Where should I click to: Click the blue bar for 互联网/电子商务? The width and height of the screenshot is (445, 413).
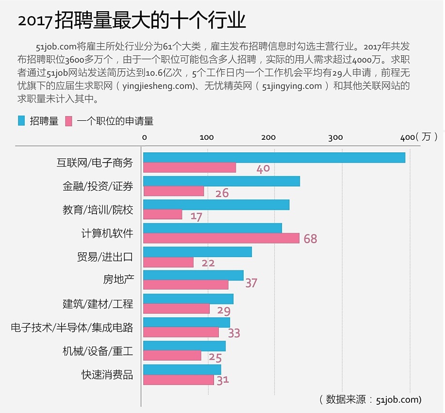point(274,158)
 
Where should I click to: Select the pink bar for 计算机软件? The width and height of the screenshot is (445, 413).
point(221,238)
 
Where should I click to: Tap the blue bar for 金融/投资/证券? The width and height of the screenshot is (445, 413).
point(222,182)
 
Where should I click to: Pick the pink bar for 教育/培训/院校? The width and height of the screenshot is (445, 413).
point(163,215)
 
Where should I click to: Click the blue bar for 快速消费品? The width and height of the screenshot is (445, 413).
point(182,370)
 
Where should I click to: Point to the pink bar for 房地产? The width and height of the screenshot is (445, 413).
point(186,285)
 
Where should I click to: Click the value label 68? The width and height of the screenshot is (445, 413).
point(310,239)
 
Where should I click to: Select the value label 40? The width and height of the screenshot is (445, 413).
point(263,169)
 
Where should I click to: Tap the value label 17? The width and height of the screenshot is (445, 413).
point(196,216)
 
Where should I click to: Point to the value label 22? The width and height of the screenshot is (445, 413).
point(208,264)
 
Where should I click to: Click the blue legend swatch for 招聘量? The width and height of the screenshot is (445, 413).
point(21,121)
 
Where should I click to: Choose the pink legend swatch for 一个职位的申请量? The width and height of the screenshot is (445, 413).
point(68,121)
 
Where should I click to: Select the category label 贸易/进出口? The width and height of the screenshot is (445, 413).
point(105,257)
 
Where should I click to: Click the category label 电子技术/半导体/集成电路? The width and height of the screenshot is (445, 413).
point(72,328)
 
